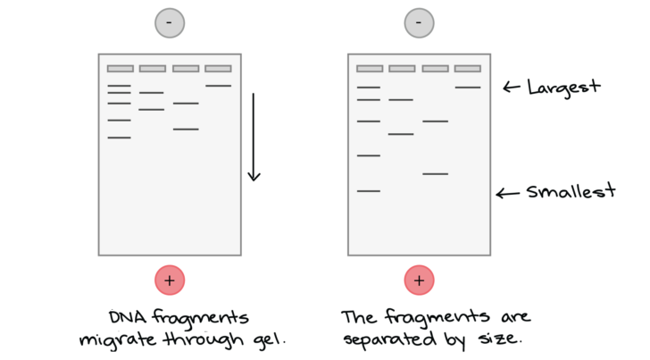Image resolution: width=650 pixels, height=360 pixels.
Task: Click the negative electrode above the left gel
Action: click(x=170, y=23)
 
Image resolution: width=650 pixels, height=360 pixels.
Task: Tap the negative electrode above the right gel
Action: click(x=419, y=23)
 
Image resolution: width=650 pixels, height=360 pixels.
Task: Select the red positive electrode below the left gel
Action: click(x=170, y=280)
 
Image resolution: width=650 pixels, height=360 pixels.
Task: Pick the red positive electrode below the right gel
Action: click(x=419, y=280)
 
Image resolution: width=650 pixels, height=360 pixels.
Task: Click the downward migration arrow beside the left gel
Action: click(x=254, y=138)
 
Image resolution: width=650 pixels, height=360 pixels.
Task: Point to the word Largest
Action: click(x=563, y=88)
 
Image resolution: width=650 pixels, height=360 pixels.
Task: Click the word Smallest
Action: click(x=571, y=191)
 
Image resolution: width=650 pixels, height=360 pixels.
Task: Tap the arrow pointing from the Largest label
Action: click(x=511, y=88)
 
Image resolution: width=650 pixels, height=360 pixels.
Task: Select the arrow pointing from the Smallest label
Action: click(x=508, y=193)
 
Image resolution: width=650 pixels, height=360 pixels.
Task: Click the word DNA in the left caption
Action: click(x=128, y=318)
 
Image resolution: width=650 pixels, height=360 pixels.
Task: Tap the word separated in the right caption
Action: click(x=389, y=339)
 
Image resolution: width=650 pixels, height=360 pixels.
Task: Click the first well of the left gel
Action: click(x=121, y=69)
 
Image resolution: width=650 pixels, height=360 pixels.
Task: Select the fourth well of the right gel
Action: click(x=468, y=69)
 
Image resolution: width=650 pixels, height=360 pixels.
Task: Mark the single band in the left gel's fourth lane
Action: click(x=219, y=86)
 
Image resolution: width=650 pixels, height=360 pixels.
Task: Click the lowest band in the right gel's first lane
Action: click(x=369, y=191)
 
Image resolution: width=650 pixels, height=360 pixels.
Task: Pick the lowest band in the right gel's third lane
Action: click(x=436, y=174)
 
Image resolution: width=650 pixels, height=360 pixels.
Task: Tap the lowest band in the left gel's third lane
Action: click(x=186, y=130)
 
